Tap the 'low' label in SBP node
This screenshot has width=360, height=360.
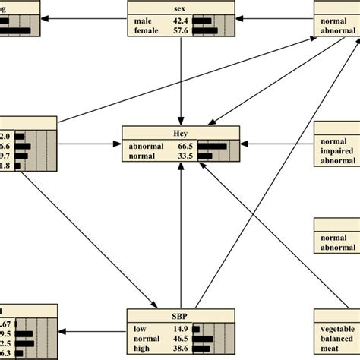(137, 327)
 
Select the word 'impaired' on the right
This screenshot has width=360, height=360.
(339, 151)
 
